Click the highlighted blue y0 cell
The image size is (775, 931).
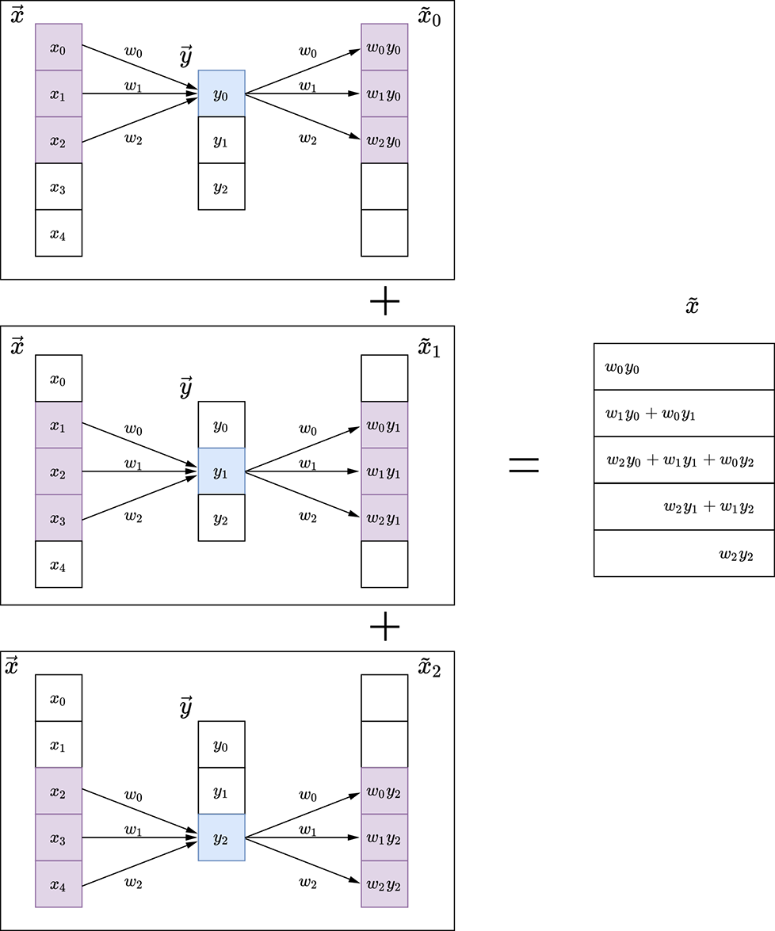coord(221,93)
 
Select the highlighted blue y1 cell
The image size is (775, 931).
coord(221,471)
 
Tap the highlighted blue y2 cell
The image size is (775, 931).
coord(221,838)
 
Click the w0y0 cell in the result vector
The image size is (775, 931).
coord(683,366)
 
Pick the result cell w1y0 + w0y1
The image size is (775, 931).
coord(683,413)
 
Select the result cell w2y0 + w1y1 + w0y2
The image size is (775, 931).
coord(683,460)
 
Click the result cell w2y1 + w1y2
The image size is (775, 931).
coord(683,506)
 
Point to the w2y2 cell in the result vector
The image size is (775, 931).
coord(683,553)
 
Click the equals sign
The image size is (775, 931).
coord(523,465)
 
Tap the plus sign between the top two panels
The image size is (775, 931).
coord(385,302)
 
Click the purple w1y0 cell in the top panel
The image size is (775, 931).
coord(384,93)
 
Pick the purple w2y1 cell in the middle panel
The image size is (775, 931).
coord(384,518)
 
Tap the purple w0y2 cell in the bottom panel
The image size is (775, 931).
coord(384,791)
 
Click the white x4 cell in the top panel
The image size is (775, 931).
coord(59,233)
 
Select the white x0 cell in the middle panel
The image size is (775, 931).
coord(59,379)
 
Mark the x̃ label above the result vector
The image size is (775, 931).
coord(692,307)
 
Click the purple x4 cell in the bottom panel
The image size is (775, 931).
coord(59,884)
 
